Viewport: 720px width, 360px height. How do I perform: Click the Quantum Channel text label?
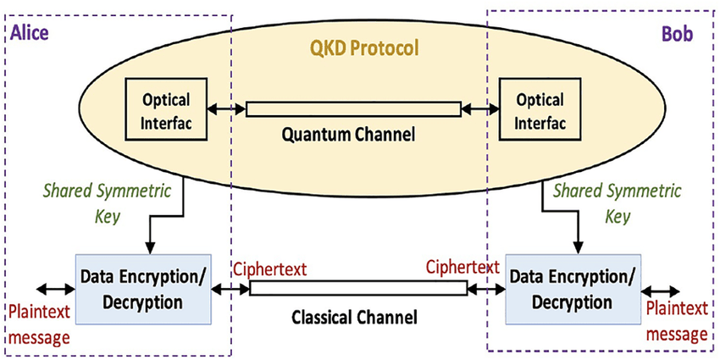tap(354, 133)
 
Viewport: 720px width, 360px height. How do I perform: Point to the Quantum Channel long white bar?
tap(354, 109)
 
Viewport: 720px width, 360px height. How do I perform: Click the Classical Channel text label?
tap(354, 318)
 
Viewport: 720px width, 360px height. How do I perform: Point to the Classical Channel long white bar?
tap(358, 288)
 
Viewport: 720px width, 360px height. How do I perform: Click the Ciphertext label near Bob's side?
tap(462, 267)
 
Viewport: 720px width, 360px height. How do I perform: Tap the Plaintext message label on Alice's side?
tap(39, 325)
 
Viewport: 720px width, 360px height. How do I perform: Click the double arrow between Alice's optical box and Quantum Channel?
tap(227, 109)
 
